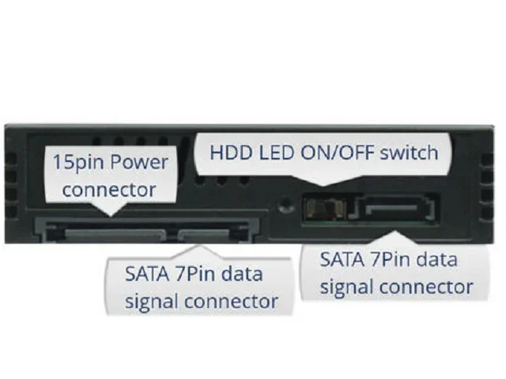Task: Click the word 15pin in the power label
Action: click(74, 163)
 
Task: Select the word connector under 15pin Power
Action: click(108, 189)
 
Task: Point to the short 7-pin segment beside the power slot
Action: click(210, 234)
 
